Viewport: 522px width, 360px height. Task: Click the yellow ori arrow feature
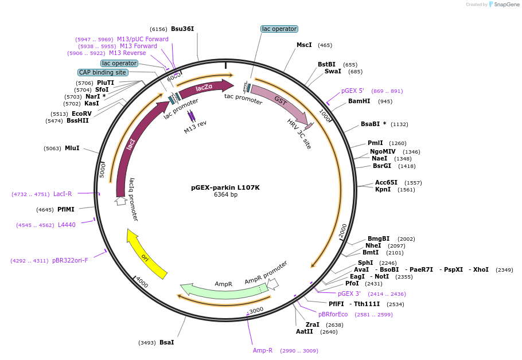click(x=146, y=256)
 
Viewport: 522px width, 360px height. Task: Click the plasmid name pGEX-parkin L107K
click(x=225, y=187)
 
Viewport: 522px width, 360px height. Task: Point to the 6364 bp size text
click(x=225, y=195)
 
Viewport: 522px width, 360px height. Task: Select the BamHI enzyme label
click(x=359, y=101)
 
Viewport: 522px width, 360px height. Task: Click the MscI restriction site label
click(x=304, y=45)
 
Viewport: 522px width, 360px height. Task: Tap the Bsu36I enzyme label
click(x=182, y=29)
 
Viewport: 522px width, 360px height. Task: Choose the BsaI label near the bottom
click(x=166, y=342)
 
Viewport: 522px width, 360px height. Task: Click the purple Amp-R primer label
click(x=263, y=350)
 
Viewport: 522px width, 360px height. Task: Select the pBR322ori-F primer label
click(x=70, y=260)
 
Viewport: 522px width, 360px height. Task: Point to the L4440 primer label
click(x=67, y=225)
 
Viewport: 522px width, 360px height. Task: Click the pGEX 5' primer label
click(x=352, y=91)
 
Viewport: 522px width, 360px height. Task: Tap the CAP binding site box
click(x=103, y=72)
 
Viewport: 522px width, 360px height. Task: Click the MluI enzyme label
click(x=72, y=148)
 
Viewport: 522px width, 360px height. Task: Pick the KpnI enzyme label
click(x=383, y=190)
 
